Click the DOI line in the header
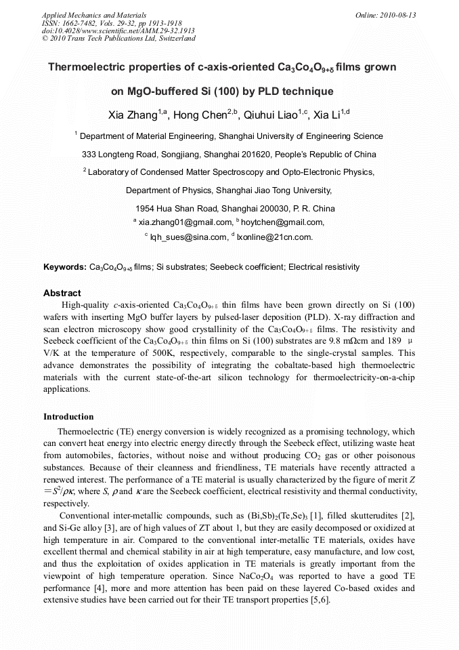(118, 31)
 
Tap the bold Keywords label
(65, 267)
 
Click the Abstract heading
(62, 293)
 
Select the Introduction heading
(68, 416)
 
